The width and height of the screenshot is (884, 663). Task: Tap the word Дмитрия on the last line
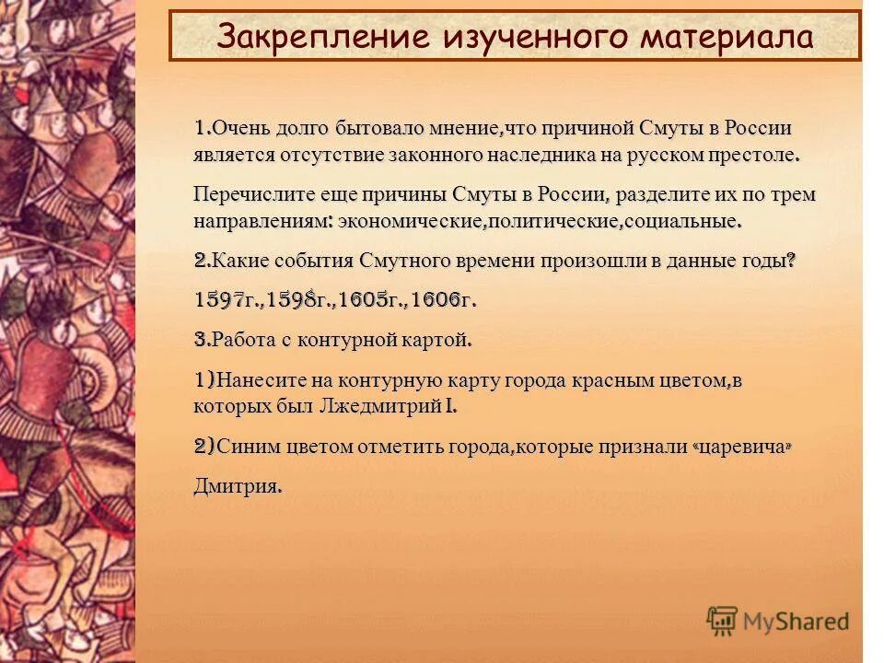coord(237,485)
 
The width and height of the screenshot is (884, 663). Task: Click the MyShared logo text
coord(797,621)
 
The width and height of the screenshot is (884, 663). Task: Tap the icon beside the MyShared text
coord(723,621)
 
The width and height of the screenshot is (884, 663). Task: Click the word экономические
coord(412,222)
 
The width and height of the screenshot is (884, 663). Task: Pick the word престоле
coord(753,155)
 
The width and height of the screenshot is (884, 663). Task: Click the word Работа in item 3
coord(238,341)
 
